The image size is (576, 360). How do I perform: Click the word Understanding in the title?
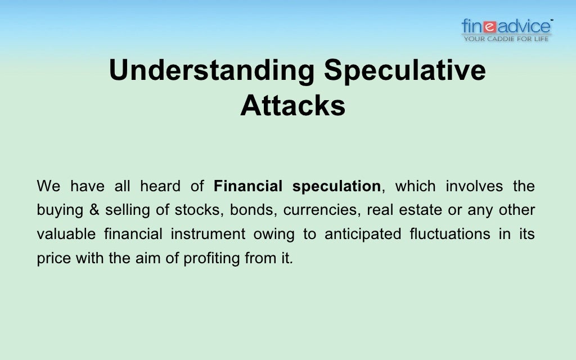point(211,71)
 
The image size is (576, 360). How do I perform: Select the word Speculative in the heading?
point(404,71)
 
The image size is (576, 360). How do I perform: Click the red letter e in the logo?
point(489,26)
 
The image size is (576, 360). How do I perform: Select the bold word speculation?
point(336,186)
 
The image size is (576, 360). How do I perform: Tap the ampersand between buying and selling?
point(94,210)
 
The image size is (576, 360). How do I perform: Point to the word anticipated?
point(363,234)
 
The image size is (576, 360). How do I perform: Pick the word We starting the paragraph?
point(47,186)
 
